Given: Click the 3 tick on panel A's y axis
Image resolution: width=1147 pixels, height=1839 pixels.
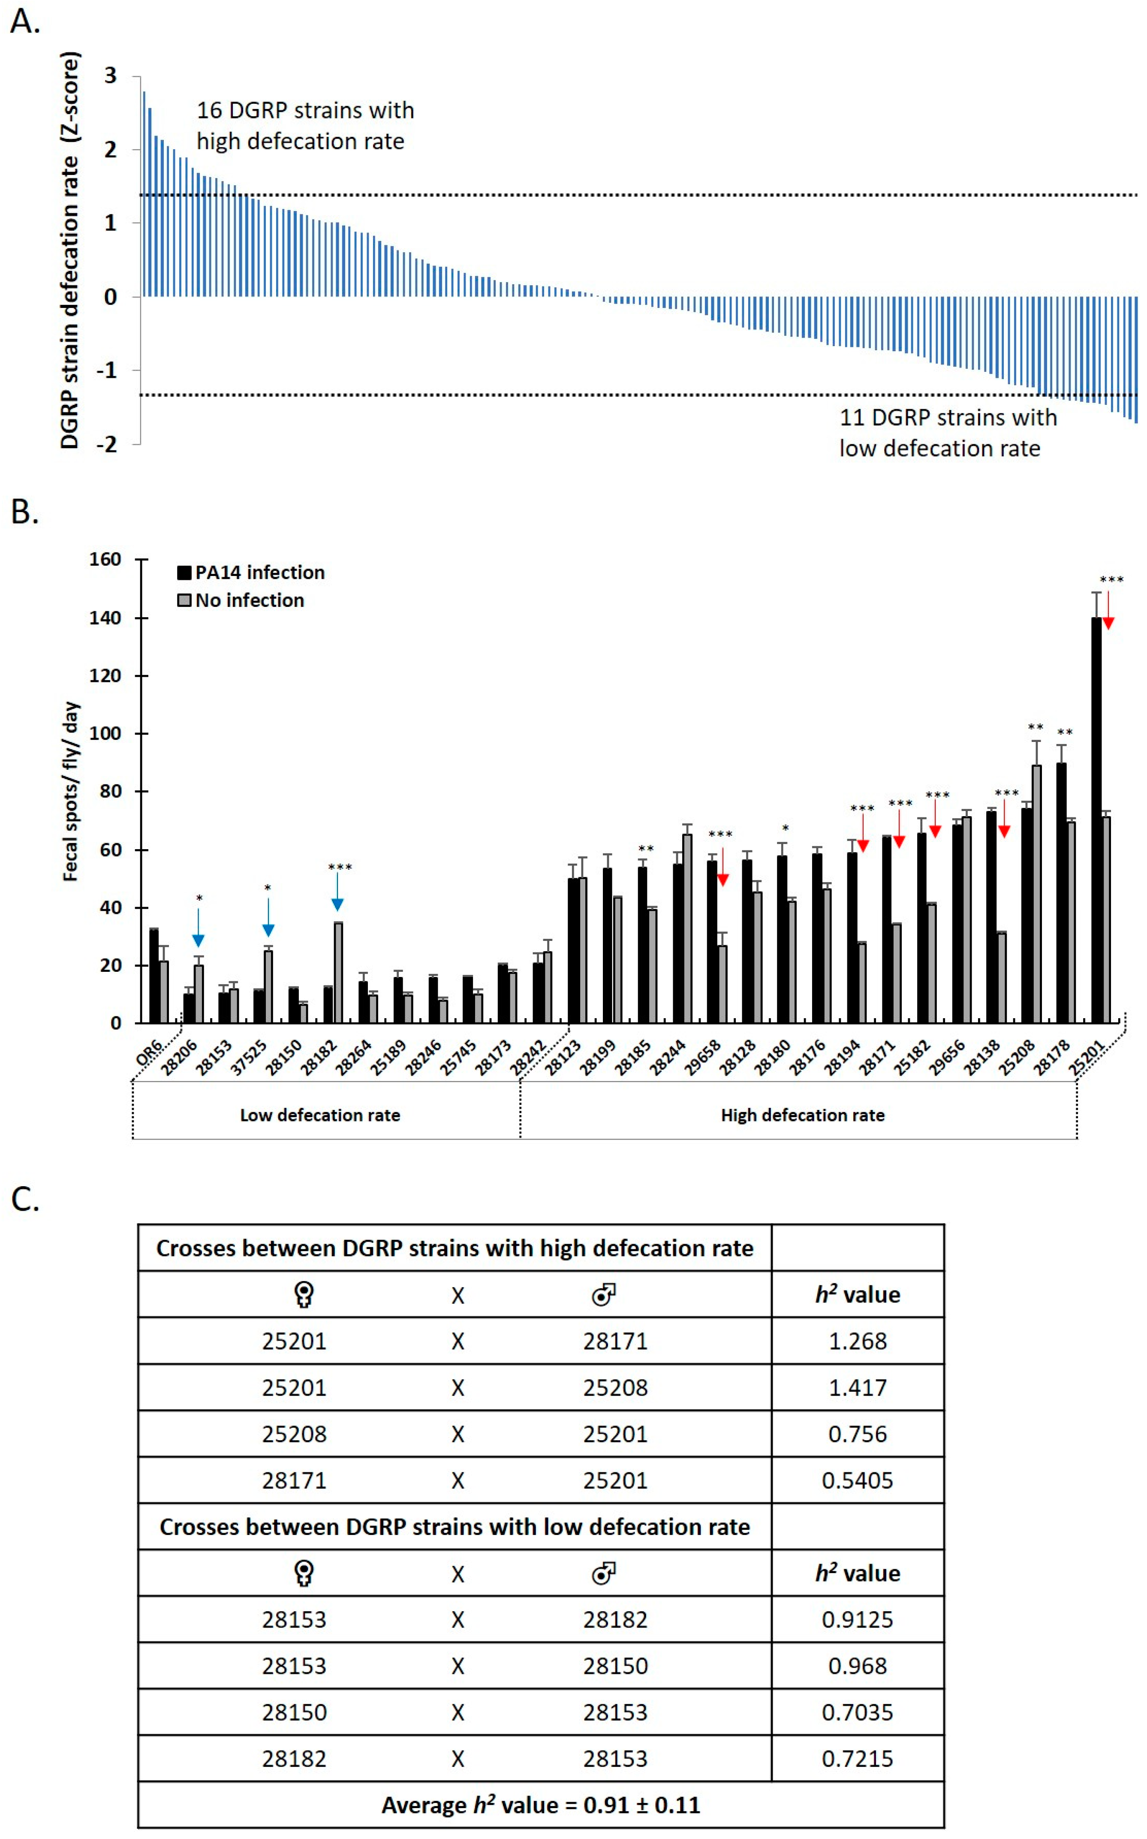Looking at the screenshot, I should click(111, 76).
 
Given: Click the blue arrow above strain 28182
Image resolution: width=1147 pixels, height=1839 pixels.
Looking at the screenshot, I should click(337, 892).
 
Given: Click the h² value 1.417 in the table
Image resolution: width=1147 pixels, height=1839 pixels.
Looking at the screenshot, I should click(857, 1387).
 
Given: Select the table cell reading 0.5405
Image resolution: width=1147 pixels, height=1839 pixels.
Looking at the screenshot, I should click(857, 1480).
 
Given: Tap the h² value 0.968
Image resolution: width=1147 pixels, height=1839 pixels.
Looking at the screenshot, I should click(857, 1666).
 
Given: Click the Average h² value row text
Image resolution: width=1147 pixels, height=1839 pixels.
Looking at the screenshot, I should click(540, 1805).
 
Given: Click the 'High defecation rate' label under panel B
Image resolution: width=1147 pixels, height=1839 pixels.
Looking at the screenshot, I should click(803, 1115).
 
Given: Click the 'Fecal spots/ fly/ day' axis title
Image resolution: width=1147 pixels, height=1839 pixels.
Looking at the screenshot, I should click(71, 791).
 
